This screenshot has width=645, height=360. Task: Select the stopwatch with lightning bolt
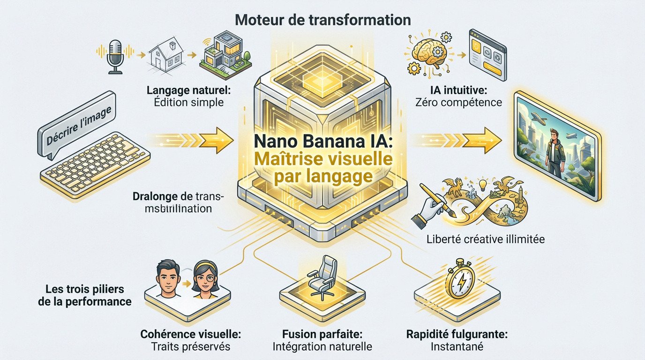point(459,280)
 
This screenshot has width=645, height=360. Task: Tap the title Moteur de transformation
point(322,20)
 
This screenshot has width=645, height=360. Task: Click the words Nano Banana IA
point(323,140)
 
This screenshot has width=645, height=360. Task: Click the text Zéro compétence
point(458,102)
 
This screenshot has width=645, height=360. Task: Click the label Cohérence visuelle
point(191,335)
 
